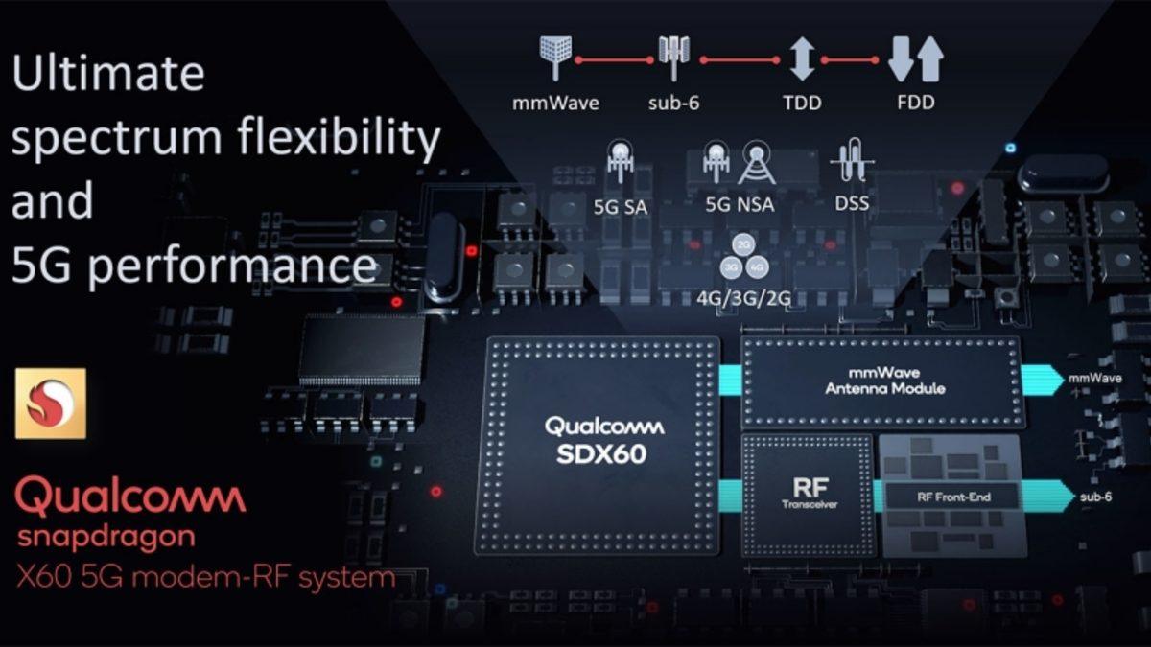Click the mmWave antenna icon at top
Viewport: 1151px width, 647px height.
[554, 58]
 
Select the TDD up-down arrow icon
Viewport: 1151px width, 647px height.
[802, 58]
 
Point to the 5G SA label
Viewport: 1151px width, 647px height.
[621, 204]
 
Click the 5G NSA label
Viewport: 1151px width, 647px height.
[739, 204]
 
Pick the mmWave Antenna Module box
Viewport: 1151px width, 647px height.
[884, 381]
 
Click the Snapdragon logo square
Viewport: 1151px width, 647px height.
[50, 403]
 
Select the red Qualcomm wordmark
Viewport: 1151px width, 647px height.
[130, 498]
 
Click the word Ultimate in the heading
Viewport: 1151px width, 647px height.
[108, 74]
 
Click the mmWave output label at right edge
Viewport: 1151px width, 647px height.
[1095, 379]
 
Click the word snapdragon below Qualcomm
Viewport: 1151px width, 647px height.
[106, 537]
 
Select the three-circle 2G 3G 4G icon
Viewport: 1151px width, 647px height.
[743, 256]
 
